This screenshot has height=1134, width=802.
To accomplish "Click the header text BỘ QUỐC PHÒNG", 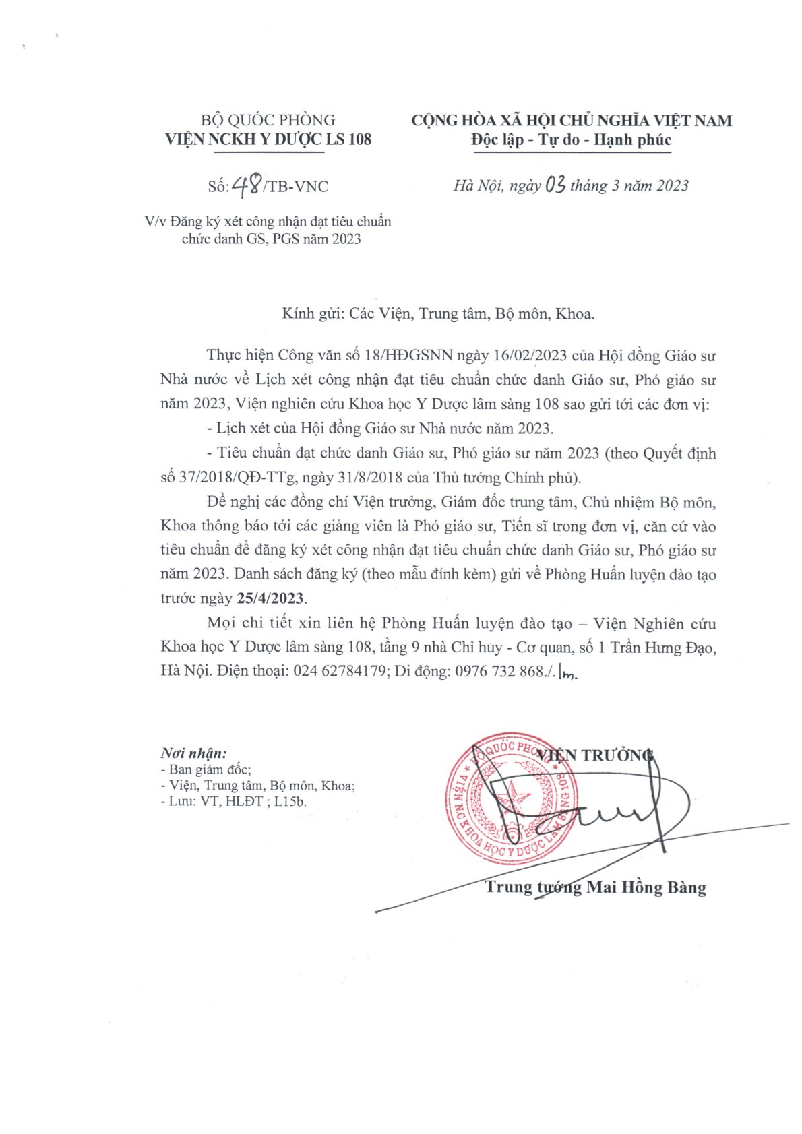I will [268, 120].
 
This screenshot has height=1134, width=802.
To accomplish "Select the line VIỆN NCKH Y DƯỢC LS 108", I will [268, 139].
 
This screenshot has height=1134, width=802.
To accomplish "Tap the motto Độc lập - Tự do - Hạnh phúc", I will [571, 140].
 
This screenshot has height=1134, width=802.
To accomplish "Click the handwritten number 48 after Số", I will [247, 185].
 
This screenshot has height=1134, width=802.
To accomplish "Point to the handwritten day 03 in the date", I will [555, 185].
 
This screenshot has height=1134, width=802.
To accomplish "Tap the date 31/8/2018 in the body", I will [369, 478].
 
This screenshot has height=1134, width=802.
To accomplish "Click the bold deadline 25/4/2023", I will [270, 598].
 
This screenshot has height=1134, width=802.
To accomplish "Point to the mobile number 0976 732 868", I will [499, 671].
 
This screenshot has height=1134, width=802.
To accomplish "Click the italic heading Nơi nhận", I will [193, 753].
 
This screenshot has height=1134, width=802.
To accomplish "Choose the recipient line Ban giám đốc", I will [210, 769].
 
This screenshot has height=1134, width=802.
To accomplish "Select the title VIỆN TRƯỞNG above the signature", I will [595, 755].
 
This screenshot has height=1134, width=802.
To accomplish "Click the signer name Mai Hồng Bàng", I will [646, 887].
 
